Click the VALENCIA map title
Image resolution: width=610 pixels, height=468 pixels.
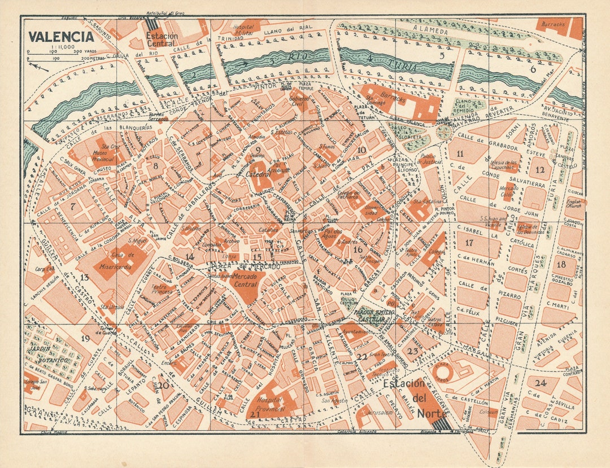[62, 37]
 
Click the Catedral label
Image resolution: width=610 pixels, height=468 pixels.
[259, 174]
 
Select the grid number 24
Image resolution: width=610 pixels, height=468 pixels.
[541, 383]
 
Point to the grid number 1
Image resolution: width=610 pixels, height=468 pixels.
[99, 91]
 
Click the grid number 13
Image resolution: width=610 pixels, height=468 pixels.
[85, 277]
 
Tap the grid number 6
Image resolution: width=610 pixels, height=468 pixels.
[532, 69]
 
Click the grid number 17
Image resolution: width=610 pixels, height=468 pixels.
[469, 243]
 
